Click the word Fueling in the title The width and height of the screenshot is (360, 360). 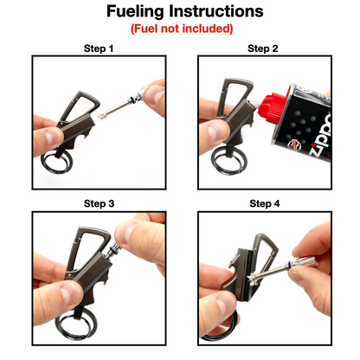[140, 11]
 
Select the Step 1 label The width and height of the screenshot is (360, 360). [98, 48]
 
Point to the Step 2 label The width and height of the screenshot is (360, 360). [263, 48]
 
